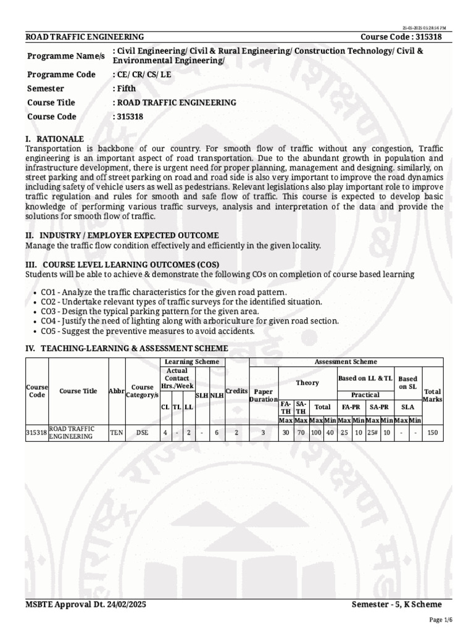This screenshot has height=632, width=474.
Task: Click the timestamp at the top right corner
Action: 425,28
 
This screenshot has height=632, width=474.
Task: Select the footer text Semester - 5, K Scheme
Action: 401,604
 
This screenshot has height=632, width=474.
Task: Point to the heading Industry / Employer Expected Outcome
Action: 122,235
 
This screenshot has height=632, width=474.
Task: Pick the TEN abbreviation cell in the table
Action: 116,433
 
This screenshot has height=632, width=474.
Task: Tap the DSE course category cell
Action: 143,433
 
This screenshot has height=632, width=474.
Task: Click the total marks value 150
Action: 433,433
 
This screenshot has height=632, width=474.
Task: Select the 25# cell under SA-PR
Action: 372,433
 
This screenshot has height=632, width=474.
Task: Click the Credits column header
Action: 236,391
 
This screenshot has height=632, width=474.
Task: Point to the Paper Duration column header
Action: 264,395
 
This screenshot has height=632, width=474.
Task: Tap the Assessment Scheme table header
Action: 346,362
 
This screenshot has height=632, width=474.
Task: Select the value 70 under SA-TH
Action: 301,433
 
